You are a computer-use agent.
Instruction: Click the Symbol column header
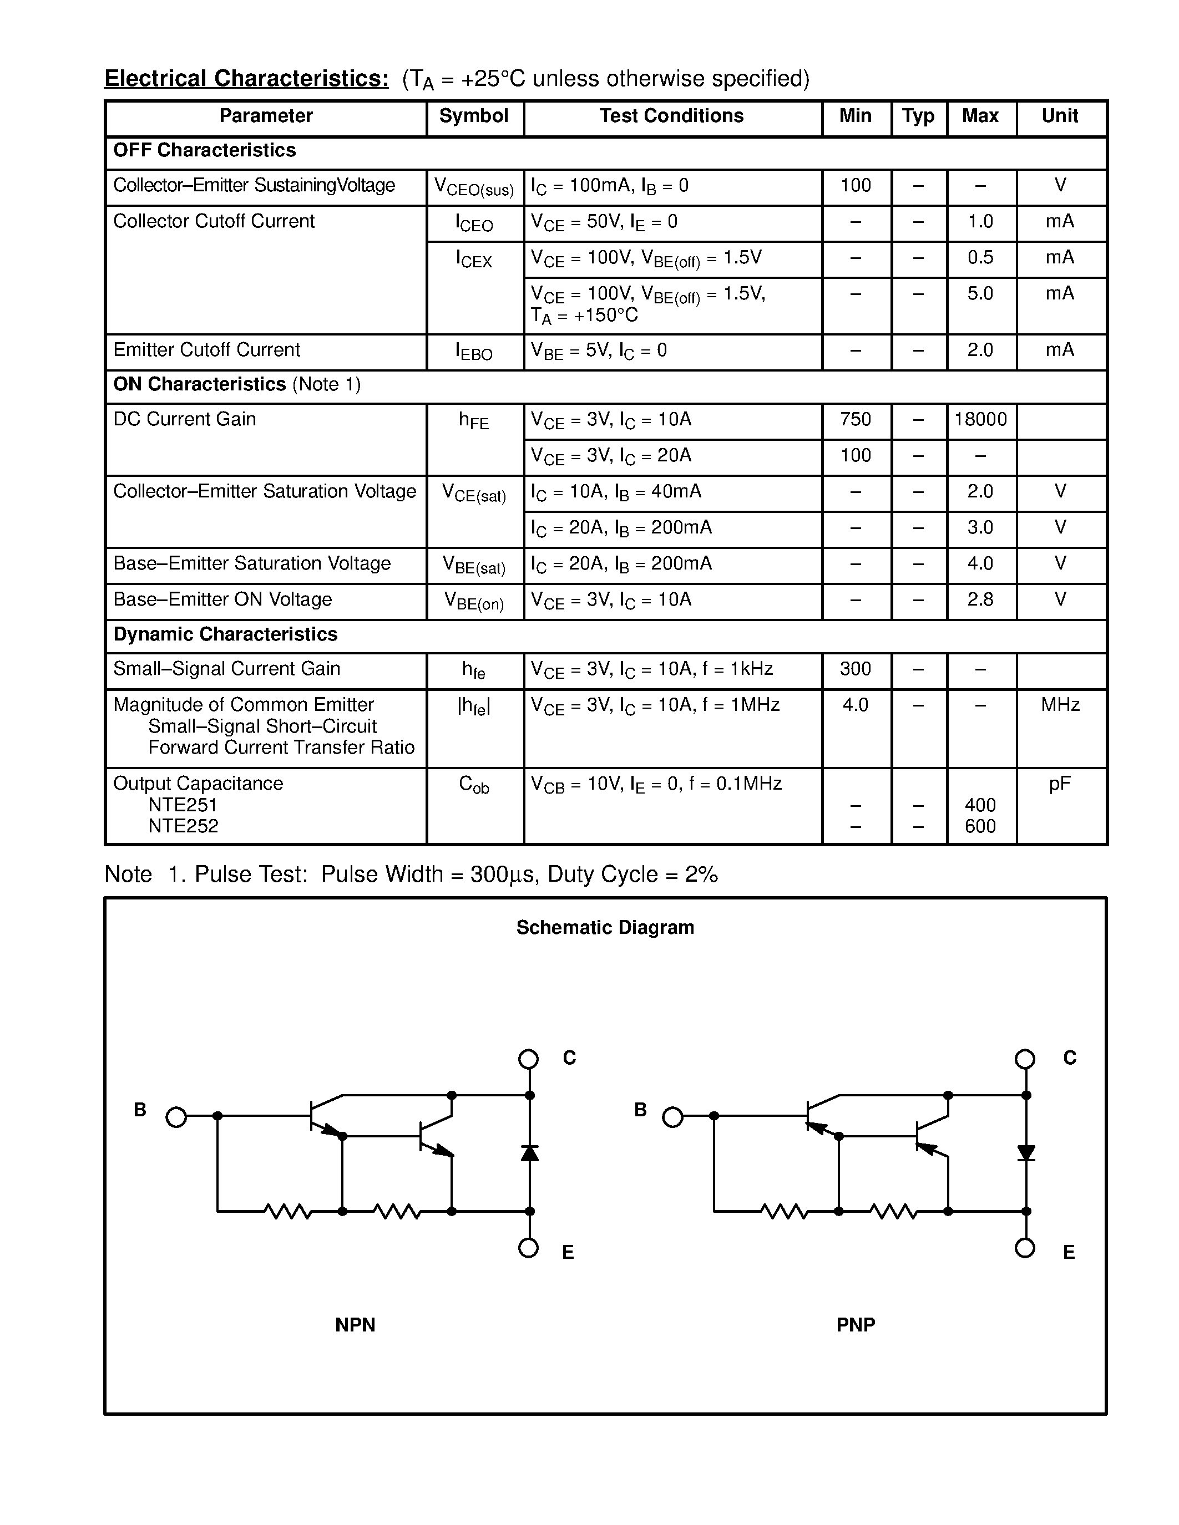[x=474, y=116]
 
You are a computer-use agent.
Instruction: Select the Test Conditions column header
[x=671, y=116]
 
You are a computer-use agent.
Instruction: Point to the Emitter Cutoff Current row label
[x=207, y=350]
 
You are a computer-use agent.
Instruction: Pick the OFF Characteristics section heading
[x=204, y=150]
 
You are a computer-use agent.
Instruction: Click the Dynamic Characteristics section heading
[x=225, y=634]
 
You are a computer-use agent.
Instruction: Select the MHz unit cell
[x=1060, y=704]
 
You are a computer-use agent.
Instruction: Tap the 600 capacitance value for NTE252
[x=980, y=827]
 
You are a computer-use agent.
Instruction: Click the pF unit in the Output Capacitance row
[x=1060, y=784]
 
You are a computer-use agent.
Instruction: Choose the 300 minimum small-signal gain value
[x=856, y=669]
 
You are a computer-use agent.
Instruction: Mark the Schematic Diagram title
[x=605, y=927]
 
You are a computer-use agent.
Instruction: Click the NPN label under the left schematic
[x=355, y=1325]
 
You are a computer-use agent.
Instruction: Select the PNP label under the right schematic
[x=856, y=1325]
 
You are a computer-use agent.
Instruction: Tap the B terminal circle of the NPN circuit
[x=176, y=1117]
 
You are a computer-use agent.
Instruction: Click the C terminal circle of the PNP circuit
[x=1025, y=1059]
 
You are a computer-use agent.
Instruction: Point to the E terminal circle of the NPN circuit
[x=529, y=1248]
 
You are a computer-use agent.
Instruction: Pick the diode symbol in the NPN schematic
[x=529, y=1153]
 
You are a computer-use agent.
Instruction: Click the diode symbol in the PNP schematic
[x=1026, y=1153]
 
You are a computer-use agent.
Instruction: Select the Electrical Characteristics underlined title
[x=246, y=79]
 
